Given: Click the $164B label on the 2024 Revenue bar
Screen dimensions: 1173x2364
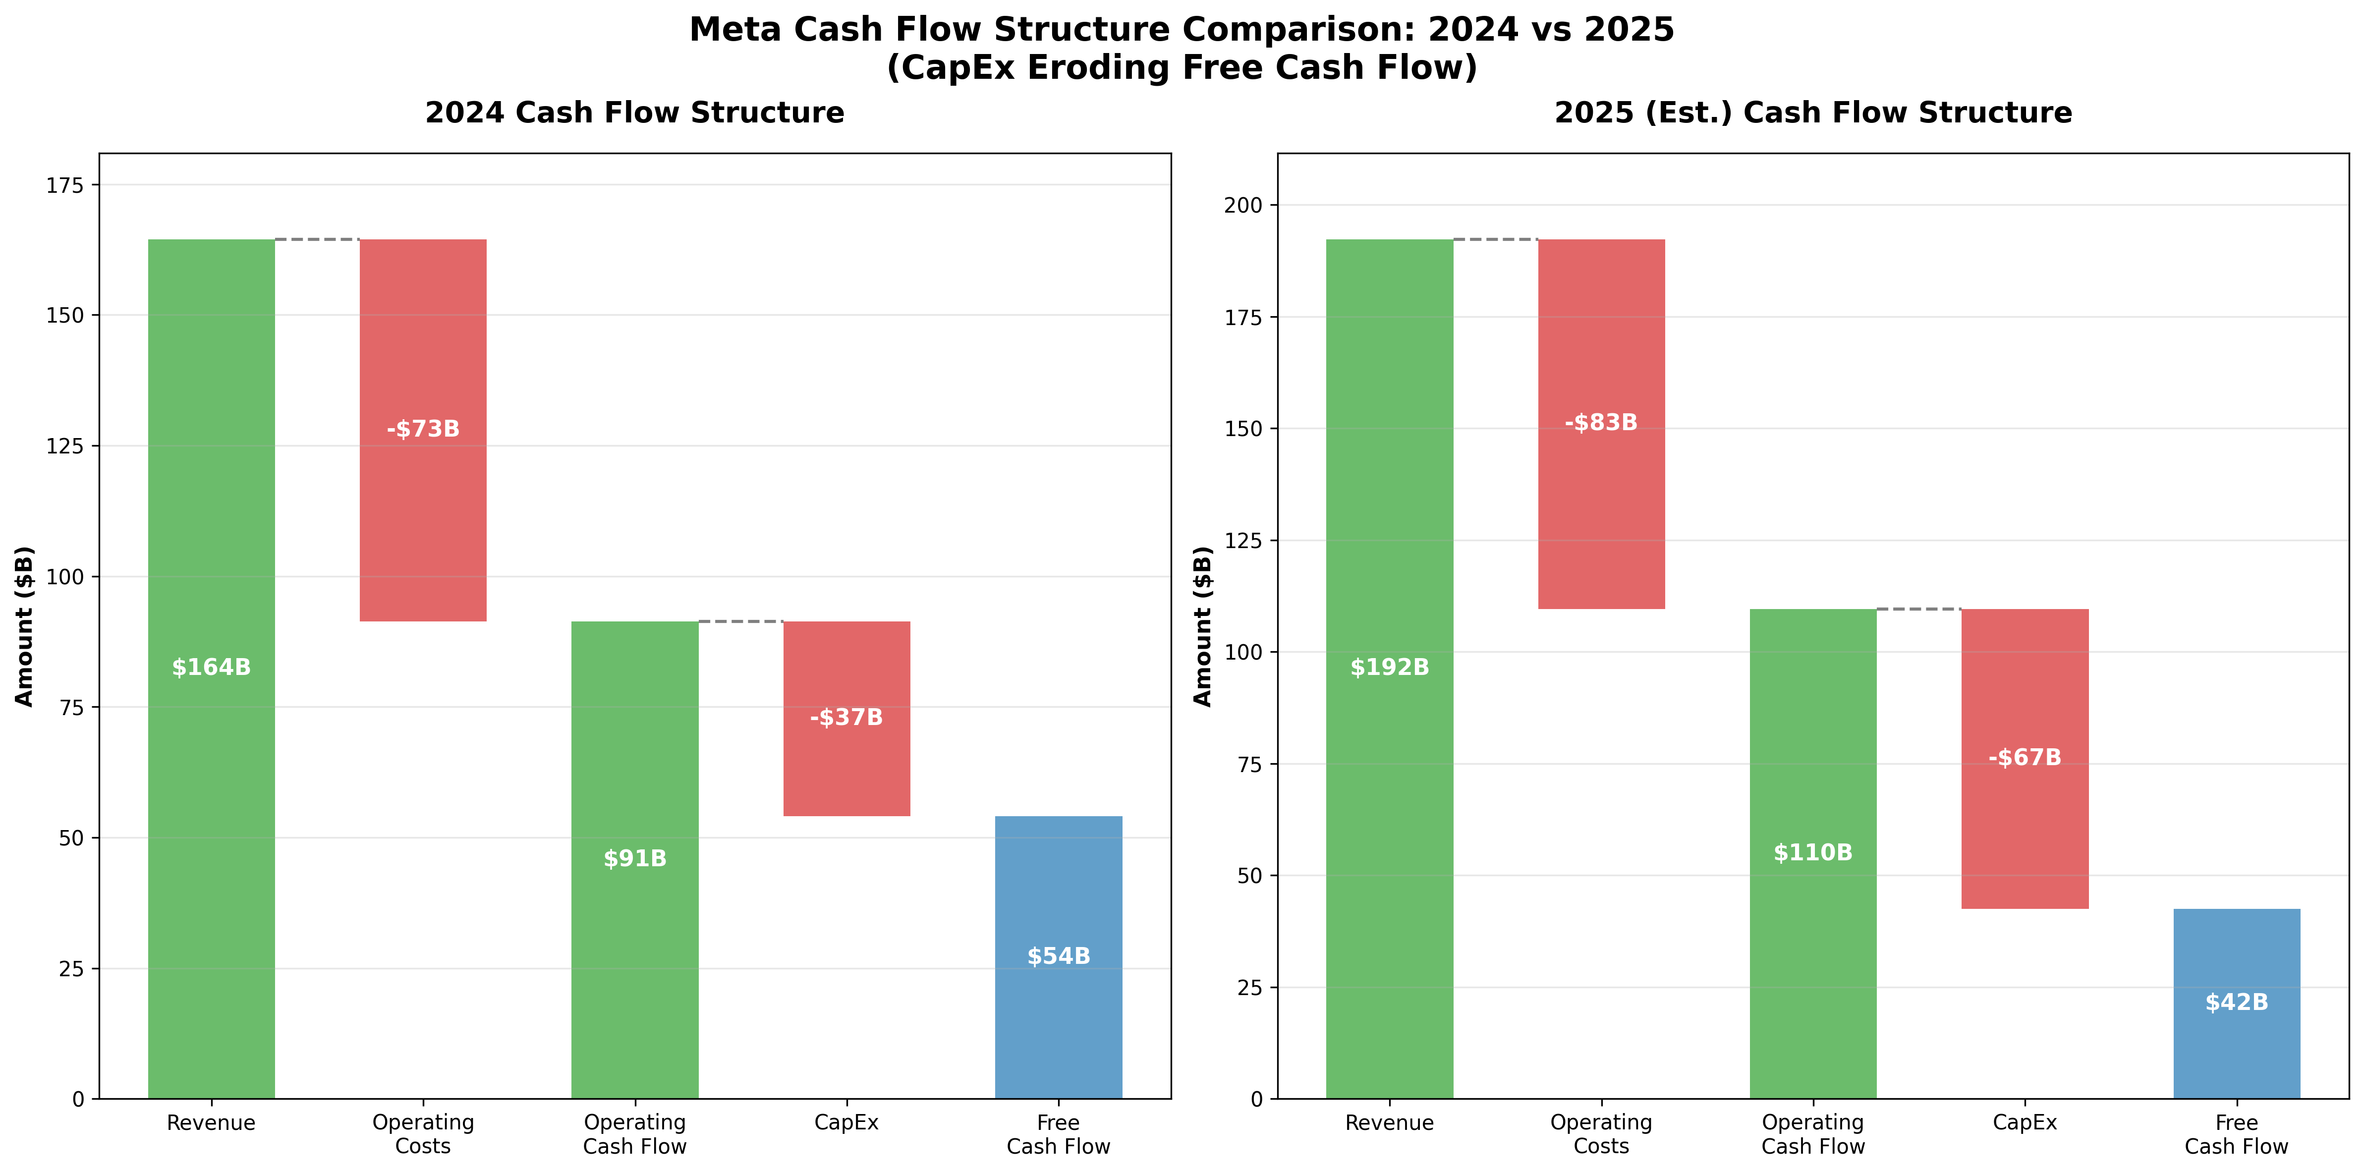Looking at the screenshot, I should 211,667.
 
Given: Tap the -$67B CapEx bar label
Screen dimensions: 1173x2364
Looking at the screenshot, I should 2025,757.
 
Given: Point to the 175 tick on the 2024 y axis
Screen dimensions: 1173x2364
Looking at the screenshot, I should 64,185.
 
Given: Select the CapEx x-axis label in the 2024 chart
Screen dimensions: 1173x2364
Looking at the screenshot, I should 846,1122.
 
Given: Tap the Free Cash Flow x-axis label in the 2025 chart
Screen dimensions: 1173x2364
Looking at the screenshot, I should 2237,1134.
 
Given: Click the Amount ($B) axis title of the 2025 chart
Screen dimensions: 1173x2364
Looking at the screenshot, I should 1202,626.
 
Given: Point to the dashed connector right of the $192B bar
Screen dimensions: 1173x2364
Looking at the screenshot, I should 1496,239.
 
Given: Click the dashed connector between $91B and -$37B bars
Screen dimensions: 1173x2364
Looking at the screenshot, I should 740,621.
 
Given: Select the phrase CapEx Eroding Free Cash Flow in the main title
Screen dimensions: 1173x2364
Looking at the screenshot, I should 1182,68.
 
